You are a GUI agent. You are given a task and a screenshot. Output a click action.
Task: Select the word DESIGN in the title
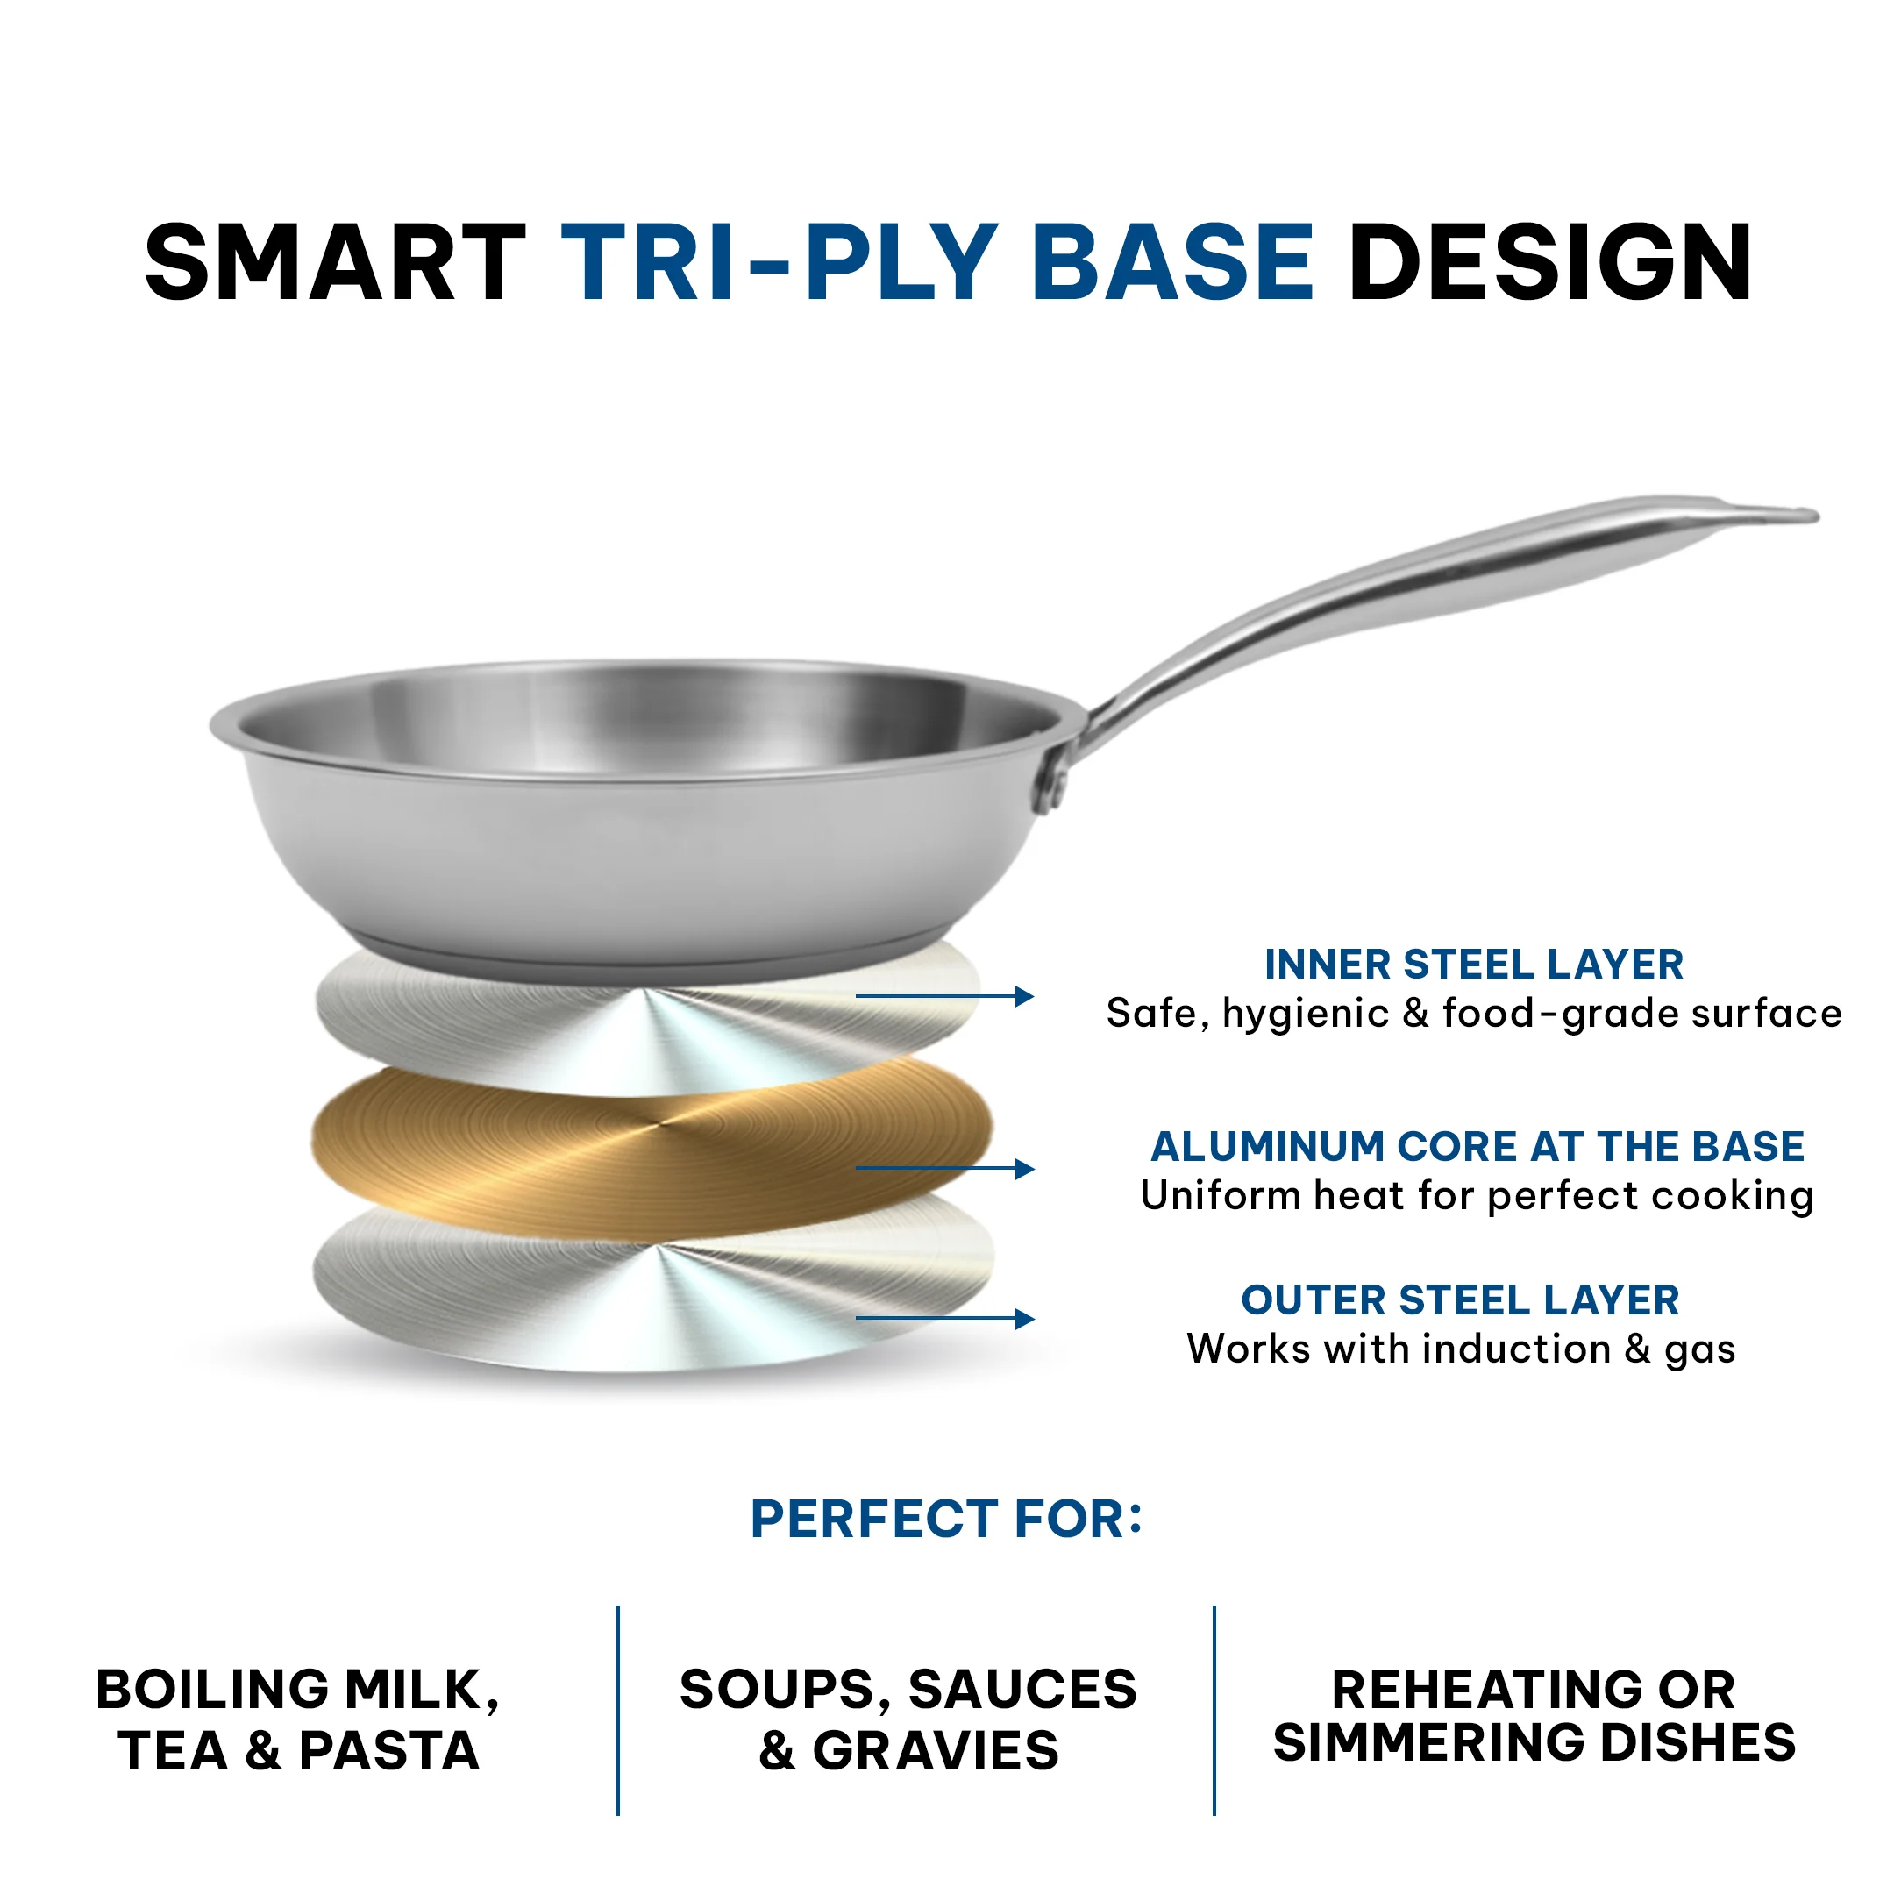1550,263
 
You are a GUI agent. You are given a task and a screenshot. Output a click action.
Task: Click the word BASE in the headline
1172,263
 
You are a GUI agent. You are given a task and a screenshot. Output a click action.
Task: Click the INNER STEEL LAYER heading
1473,965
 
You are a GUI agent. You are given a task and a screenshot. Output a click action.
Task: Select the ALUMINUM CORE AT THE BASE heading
1477,1146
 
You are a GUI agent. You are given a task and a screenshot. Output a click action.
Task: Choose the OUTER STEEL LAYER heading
1460,1299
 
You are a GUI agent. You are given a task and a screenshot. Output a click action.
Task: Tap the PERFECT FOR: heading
946,1520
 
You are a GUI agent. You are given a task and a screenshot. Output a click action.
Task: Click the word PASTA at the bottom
389,1751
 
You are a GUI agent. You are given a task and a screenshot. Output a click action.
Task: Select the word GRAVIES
936,1751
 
